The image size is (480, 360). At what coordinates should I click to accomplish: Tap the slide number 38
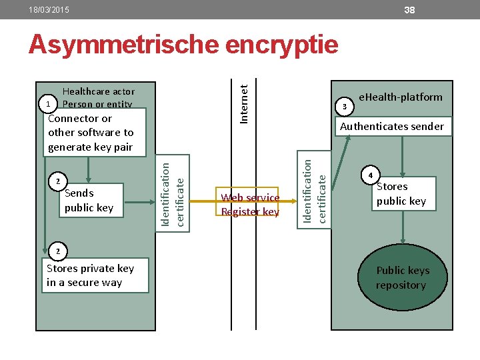coord(409,10)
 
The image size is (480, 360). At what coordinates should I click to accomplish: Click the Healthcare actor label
coord(98,91)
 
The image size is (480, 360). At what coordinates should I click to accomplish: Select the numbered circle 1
coord(46,105)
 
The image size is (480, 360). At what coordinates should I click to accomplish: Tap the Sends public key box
coord(89,200)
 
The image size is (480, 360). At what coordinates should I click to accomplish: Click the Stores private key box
coord(89,275)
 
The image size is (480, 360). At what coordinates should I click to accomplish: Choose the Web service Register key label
coord(250,205)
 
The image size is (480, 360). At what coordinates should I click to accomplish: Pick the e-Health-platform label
coord(400,97)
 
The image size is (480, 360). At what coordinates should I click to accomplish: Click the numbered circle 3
coord(344,106)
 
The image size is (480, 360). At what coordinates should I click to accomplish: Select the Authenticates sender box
coord(391,126)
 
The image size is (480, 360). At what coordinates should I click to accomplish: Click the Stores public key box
coord(402,193)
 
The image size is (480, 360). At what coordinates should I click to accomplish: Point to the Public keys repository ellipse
coord(402,278)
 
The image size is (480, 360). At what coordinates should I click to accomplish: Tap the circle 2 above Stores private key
coord(58,251)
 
